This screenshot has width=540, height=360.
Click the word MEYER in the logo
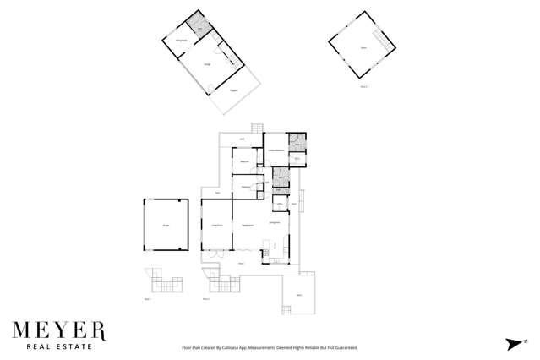pyautogui.click(x=58, y=328)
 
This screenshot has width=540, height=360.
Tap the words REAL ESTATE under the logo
pyautogui.click(x=58, y=345)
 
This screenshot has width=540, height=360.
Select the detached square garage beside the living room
pyautogui.click(x=166, y=225)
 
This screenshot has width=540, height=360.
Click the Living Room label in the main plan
pyautogui.click(x=216, y=224)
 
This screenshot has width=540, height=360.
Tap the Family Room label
pyautogui.click(x=248, y=224)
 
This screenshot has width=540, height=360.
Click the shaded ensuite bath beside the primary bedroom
pyautogui.click(x=297, y=141)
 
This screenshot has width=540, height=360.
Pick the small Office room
pyautogui.click(x=279, y=205)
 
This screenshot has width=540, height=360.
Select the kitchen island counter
pyautogui.click(x=266, y=248)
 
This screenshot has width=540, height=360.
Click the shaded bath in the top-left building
pyautogui.click(x=199, y=27)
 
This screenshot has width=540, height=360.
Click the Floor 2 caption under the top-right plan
pyautogui.click(x=363, y=85)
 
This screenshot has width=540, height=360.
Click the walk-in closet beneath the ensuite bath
pyautogui.click(x=297, y=158)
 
